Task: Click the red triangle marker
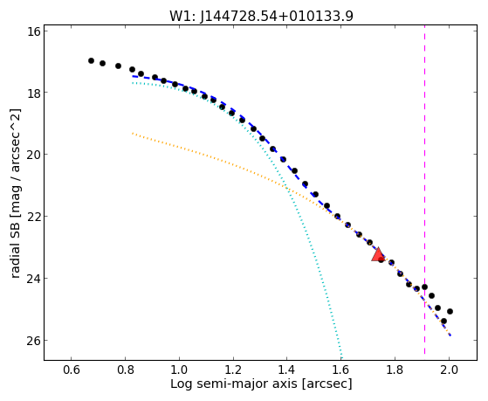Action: point(378,255)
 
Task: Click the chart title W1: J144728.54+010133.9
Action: point(261,16)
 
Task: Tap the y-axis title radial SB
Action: point(16,193)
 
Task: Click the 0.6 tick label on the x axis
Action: point(72,370)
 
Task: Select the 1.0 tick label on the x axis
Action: point(179,370)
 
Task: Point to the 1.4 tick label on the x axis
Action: point(287,370)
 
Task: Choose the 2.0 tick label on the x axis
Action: point(449,370)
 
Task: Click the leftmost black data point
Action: point(91,61)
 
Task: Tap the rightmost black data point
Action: point(450,311)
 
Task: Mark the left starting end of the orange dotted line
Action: point(133,134)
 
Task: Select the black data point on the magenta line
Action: point(424,287)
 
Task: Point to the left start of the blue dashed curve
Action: point(133,76)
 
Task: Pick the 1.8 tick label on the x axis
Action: point(395,370)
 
